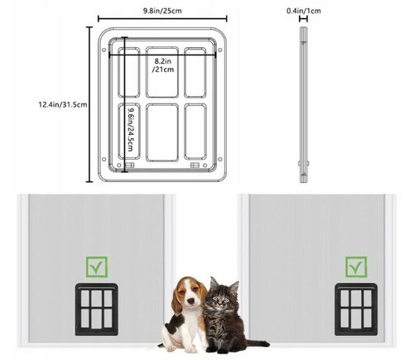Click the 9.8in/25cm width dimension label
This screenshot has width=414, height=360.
coord(162,11)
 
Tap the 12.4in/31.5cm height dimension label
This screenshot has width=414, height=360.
coord(63,105)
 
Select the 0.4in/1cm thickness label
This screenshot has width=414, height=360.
coord(304,11)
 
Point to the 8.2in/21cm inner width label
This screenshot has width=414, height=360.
coord(163,65)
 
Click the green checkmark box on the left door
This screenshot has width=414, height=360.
coord(97,267)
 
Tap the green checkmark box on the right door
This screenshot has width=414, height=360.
coord(356,267)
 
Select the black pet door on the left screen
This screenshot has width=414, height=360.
coord(97,310)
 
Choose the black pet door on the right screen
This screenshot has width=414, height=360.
coord(356,310)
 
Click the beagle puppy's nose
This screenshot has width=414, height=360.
coord(190,300)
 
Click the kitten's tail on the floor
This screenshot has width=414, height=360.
coord(258,343)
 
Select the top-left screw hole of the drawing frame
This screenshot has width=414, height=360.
coord(104,50)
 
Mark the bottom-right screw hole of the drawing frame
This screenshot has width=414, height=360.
coord(220,159)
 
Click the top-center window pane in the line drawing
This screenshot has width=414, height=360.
coord(162,72)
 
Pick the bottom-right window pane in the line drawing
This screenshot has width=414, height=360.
coord(195,132)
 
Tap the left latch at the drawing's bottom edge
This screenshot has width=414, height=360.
coord(130,166)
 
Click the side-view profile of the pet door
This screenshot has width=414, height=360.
coord(304,105)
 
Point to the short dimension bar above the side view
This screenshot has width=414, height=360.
coord(304,19)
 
